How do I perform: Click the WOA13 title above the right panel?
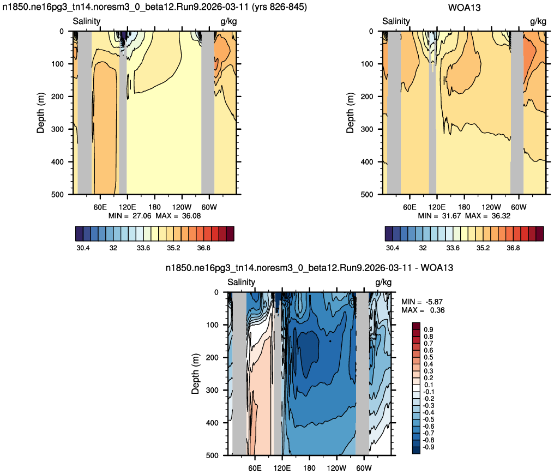464,8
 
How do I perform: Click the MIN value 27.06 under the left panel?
142,215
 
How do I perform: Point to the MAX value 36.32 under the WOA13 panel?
501,215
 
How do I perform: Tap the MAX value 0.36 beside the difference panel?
437,310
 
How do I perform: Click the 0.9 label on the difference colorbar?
429,329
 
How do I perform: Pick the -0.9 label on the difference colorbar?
429,447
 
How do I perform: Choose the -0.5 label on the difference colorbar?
429,419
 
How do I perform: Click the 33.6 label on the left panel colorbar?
143,248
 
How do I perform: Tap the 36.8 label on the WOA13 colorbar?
513,248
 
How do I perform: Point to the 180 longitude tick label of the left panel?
154,207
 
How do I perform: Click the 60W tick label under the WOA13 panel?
519,207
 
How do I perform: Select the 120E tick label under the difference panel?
282,468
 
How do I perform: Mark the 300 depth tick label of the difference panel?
212,390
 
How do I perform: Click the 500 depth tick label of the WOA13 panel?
367,194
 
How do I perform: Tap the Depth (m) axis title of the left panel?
41,113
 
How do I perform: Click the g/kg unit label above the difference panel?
383,282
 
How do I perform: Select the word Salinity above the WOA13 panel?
396,21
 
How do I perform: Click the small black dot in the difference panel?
330,341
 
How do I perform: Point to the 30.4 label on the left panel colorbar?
83,248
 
